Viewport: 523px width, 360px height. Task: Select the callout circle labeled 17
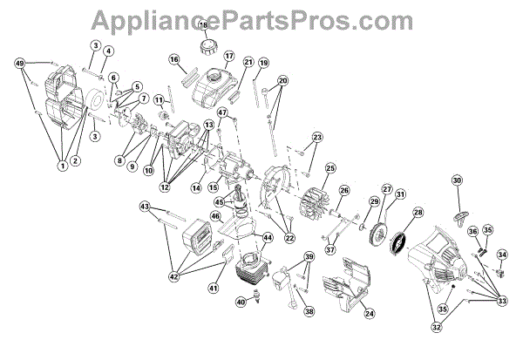pos(229,58)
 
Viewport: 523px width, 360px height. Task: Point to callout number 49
pos(20,64)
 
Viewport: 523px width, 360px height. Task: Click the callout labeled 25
pos(330,167)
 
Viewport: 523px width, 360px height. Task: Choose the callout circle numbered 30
pos(457,181)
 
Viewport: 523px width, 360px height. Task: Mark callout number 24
pos(369,313)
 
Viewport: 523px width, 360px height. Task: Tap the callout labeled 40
pos(241,302)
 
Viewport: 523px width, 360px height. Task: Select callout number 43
pos(145,207)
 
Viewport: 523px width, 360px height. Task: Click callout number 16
pos(173,60)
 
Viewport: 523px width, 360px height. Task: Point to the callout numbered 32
pos(436,328)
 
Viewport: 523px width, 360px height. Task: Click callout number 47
pos(221,112)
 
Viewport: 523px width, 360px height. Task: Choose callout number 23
pos(316,138)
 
